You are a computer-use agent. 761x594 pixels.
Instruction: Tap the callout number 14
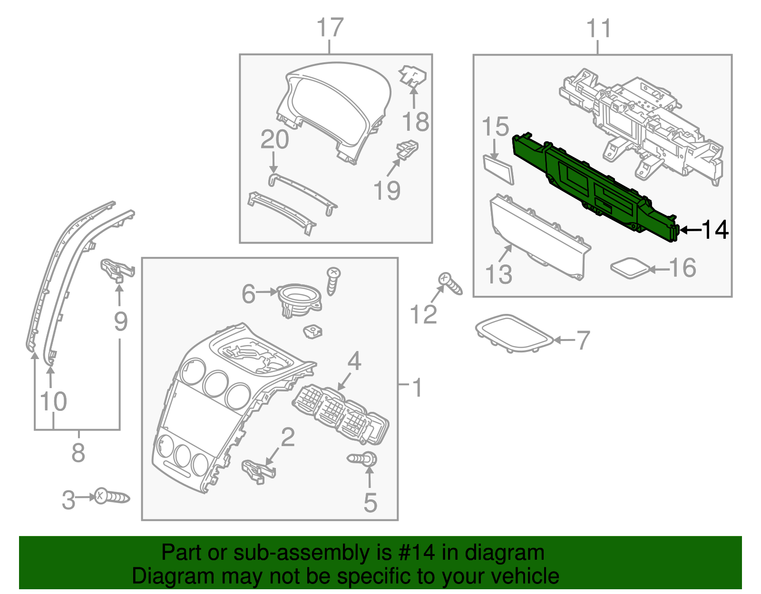(715, 230)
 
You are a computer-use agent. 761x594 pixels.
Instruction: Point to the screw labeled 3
(112, 497)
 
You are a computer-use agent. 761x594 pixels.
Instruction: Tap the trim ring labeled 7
(514, 333)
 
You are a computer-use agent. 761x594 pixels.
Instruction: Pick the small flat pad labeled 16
(630, 268)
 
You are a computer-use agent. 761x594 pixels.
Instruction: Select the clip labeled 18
(412, 76)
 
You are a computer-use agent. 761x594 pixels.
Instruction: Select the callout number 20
(274, 140)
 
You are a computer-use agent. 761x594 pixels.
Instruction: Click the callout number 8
(78, 452)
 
